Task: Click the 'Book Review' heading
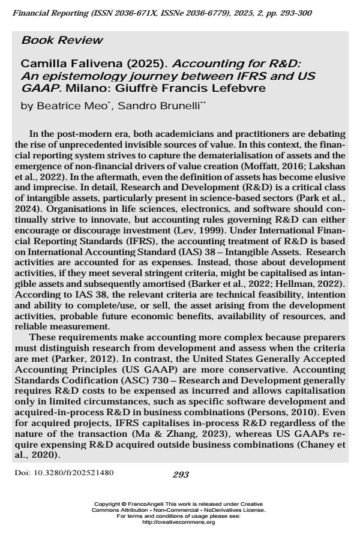(x=54, y=41)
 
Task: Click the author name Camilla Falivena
(x=61, y=64)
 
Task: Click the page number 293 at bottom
(x=180, y=475)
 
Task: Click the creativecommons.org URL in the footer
(x=180, y=523)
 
